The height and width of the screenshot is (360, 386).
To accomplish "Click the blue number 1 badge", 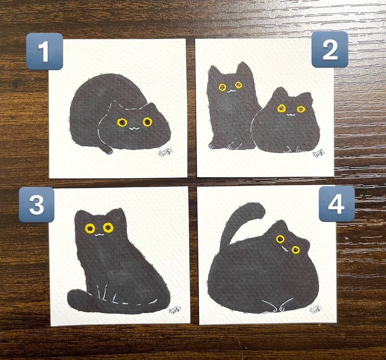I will pos(44,51).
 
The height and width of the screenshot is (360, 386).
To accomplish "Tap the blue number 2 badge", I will pos(329,49).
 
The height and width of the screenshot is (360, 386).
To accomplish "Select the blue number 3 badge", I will pos(37,204).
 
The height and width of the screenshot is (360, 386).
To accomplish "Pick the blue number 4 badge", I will pos(336,204).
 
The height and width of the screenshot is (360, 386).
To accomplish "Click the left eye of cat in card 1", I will pos(122,122).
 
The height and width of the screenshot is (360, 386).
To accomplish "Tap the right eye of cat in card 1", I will pos(147,121).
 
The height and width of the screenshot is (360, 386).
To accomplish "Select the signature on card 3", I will pos(174,311).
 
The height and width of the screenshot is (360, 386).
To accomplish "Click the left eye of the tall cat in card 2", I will pos(222,87).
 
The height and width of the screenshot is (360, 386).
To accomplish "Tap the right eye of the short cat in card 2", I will pos(301,109).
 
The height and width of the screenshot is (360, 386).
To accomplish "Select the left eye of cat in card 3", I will pos(90,228).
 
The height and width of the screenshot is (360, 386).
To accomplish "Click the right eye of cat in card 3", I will pos(108,227).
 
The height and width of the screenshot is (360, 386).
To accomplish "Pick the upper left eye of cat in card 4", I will pos(280,239).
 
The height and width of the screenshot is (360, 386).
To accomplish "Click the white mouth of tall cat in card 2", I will pos(230,90).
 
